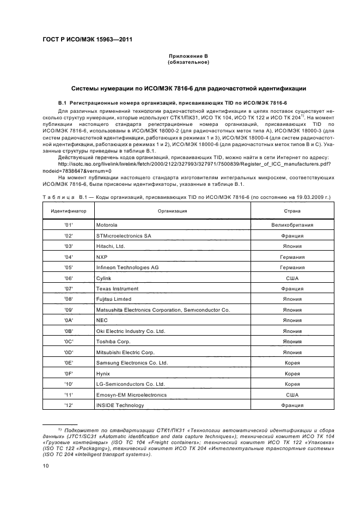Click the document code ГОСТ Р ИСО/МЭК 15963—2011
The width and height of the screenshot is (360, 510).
point(87,39)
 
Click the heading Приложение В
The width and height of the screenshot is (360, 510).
point(187,56)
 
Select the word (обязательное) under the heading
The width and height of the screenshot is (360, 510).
point(187,62)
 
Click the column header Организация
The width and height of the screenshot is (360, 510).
point(172,210)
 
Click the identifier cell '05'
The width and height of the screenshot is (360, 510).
point(69,267)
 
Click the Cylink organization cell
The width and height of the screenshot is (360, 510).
point(103,278)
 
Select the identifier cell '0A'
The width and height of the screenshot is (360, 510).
point(69,320)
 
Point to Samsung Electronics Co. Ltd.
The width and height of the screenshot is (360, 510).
point(132,363)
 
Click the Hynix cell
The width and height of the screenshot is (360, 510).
point(103,374)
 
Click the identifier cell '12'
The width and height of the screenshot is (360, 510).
point(69,405)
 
